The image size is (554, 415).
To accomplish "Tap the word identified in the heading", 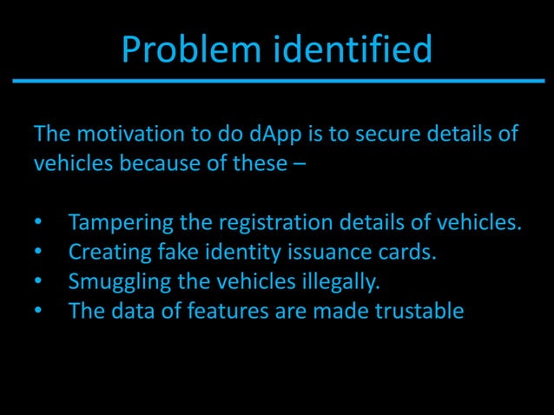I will (x=353, y=50).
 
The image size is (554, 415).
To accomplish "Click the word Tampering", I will (x=120, y=223).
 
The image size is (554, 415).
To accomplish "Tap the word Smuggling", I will (x=119, y=282).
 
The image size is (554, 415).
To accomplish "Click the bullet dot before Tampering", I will (x=37, y=224).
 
